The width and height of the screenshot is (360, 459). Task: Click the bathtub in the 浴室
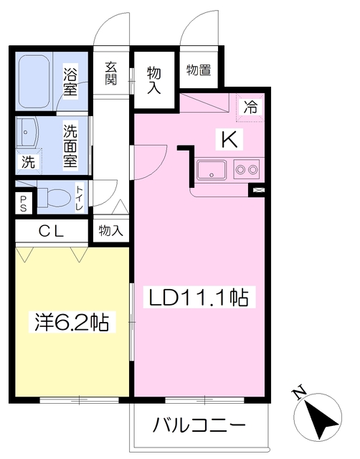tap(34, 81)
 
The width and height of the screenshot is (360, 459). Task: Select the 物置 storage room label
tap(199, 70)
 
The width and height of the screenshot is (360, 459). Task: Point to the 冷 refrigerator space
tap(250, 107)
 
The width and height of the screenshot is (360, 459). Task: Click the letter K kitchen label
tap(229, 139)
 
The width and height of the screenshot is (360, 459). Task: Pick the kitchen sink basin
tap(212, 170)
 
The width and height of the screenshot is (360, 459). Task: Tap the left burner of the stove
tap(241, 169)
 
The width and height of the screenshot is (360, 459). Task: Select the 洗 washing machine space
tap(29, 161)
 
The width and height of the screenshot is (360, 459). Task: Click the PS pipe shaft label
tap(23, 203)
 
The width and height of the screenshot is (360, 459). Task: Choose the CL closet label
tap(52, 232)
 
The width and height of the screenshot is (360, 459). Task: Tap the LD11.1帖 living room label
tap(199, 298)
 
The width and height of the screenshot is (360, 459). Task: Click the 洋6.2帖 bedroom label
tap(72, 322)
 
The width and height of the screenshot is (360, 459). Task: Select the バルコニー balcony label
tap(199, 425)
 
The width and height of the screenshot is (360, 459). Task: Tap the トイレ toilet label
tap(80, 198)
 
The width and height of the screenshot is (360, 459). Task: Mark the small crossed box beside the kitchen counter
tap(257, 190)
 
